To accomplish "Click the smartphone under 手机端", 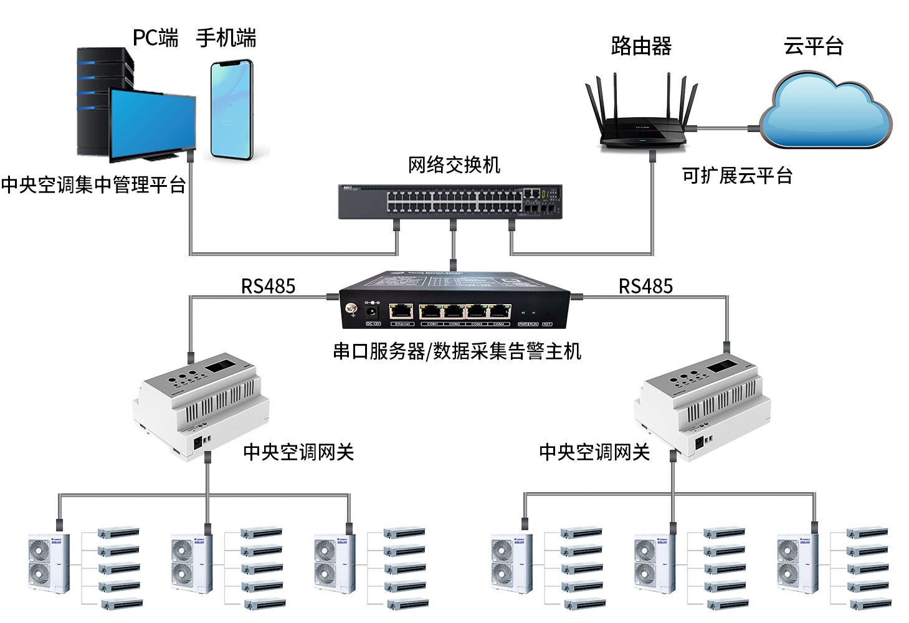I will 231,110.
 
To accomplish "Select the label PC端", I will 155,38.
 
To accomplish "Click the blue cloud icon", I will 825,112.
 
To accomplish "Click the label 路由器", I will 641,46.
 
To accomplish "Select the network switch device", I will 450,201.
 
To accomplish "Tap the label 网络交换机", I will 454,165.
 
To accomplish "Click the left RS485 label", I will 268,286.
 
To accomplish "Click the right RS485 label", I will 645,286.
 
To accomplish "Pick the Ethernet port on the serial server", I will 401,311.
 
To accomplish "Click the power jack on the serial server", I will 372,310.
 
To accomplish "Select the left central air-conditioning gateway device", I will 201,405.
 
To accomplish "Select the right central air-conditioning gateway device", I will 702,405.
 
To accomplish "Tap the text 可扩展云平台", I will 737,176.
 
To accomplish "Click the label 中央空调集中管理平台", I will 93,185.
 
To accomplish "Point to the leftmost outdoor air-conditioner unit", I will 49,563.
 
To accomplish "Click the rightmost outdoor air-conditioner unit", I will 797,563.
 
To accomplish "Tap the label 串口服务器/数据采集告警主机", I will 457,351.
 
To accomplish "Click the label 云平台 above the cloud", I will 813,46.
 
